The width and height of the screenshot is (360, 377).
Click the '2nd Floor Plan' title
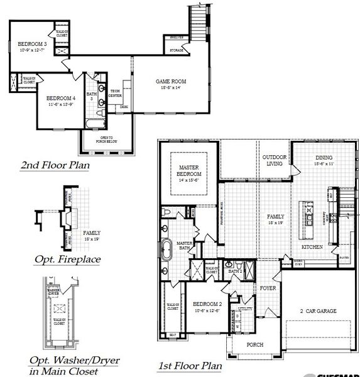55,166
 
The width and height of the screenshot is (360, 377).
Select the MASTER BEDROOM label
188,170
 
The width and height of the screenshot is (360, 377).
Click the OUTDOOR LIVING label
275,160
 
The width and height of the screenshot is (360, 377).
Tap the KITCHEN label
312,247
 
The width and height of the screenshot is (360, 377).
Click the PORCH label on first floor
254,345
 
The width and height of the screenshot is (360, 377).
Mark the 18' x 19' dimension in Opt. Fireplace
91,239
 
